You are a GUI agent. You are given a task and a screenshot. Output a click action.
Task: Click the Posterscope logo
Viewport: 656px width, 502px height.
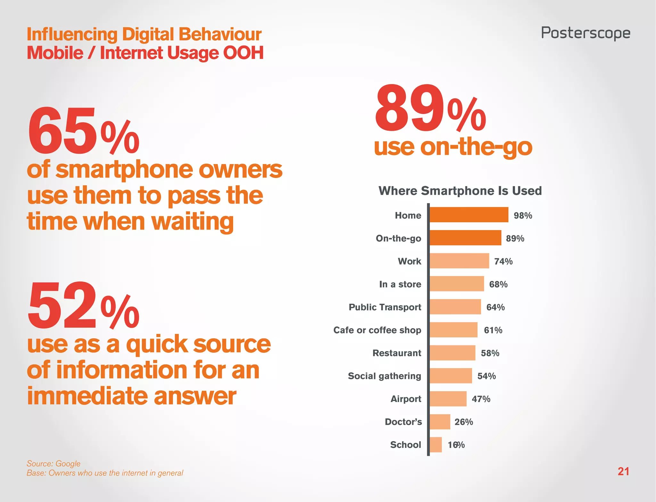pyautogui.click(x=586, y=33)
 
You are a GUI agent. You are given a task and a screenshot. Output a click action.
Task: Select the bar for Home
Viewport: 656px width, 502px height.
pyautogui.click(x=469, y=215)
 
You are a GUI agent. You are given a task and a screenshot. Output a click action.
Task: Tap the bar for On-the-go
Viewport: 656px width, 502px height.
pyautogui.click(x=465, y=238)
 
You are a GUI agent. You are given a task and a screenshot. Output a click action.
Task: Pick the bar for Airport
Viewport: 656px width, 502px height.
pyautogui.click(x=448, y=399)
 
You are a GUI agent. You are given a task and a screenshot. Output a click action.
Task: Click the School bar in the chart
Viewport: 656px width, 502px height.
pyautogui.click(x=436, y=445)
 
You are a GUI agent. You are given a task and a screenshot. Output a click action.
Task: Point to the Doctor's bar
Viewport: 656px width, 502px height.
pyautogui.click(x=440, y=422)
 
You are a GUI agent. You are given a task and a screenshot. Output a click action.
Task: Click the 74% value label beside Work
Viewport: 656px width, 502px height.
pyautogui.click(x=503, y=261)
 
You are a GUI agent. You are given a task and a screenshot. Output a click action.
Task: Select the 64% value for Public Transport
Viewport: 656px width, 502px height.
pyautogui.click(x=495, y=307)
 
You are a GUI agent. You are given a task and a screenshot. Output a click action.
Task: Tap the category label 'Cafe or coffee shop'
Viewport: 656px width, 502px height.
pyautogui.click(x=377, y=330)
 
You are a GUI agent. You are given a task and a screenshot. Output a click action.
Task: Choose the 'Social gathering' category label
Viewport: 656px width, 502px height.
pyautogui.click(x=384, y=376)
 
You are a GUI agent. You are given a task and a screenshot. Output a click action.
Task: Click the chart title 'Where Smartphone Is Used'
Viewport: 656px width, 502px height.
pyautogui.click(x=460, y=191)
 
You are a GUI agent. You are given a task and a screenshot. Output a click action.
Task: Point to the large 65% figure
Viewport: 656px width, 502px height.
pyautogui.click(x=83, y=131)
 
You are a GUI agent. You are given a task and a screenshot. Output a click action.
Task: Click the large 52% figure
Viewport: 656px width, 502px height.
pyautogui.click(x=83, y=306)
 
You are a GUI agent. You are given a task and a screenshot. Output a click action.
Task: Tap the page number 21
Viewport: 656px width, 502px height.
pyautogui.click(x=623, y=471)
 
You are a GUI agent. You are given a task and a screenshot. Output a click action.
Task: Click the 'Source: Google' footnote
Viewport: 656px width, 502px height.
pyautogui.click(x=53, y=464)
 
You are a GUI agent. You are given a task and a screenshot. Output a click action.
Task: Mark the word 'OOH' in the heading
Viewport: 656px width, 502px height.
pyautogui.click(x=243, y=53)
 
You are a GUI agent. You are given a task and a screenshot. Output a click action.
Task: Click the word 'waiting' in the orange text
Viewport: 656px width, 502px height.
pyautogui.click(x=192, y=222)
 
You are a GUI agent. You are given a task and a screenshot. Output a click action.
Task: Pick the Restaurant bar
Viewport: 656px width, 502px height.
pyautogui.click(x=452, y=353)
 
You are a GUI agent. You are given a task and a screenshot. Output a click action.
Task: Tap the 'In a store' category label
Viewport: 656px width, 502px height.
pyautogui.click(x=400, y=284)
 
